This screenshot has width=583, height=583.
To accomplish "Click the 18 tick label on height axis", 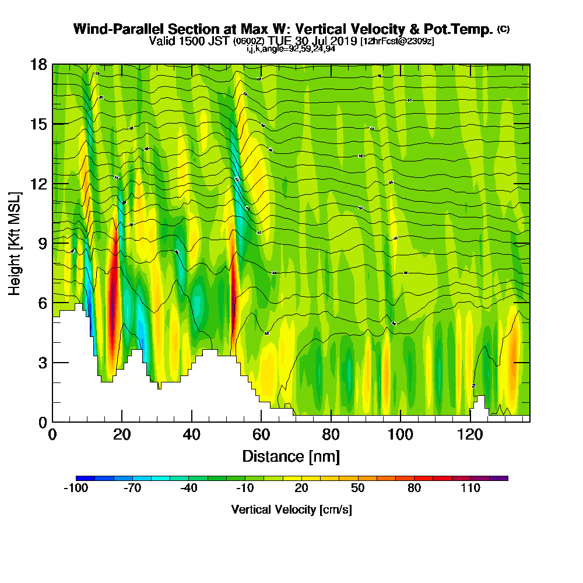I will tap(38, 64).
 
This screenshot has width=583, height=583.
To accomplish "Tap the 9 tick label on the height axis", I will tap(41, 243).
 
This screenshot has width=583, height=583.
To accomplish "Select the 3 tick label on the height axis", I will tap(41, 363).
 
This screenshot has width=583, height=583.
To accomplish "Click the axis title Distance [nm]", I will tap(291, 456).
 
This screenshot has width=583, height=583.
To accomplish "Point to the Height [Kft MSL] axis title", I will tap(15, 243).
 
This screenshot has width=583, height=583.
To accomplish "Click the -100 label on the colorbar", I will tap(76, 489).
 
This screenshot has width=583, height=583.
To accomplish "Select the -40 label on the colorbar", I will tap(188, 489).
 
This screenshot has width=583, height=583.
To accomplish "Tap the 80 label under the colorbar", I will tap(415, 489).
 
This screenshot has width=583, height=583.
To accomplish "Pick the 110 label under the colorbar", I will tap(470, 489).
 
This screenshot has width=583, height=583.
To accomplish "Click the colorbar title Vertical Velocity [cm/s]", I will tap(291, 510).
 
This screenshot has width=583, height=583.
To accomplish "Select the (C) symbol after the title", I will tap(503, 29).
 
